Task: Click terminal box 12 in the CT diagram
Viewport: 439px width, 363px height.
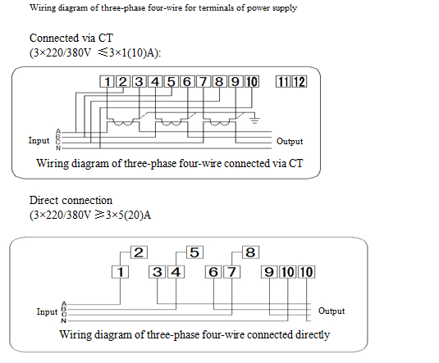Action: (300, 82)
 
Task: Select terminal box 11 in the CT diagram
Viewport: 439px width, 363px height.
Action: (283, 82)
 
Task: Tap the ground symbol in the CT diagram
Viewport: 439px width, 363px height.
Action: (254, 120)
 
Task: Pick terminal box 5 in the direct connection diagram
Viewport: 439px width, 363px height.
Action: (194, 252)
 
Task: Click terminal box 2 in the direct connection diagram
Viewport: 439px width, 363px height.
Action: (139, 252)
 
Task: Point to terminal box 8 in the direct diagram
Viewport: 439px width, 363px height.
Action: (250, 252)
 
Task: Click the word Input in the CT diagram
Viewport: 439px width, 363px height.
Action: (39, 140)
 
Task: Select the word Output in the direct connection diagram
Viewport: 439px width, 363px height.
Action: (332, 311)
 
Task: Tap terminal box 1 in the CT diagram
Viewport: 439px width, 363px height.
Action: (107, 82)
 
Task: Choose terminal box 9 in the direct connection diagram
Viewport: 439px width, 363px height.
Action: (269, 272)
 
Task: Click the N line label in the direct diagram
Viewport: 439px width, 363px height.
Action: (64, 320)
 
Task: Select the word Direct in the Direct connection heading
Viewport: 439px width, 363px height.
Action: (43, 200)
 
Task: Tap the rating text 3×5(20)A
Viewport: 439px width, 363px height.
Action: (128, 215)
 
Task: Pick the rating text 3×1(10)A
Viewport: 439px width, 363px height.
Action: (135, 52)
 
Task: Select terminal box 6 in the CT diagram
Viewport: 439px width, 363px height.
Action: (187, 82)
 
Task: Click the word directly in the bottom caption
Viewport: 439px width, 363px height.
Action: (313, 335)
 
